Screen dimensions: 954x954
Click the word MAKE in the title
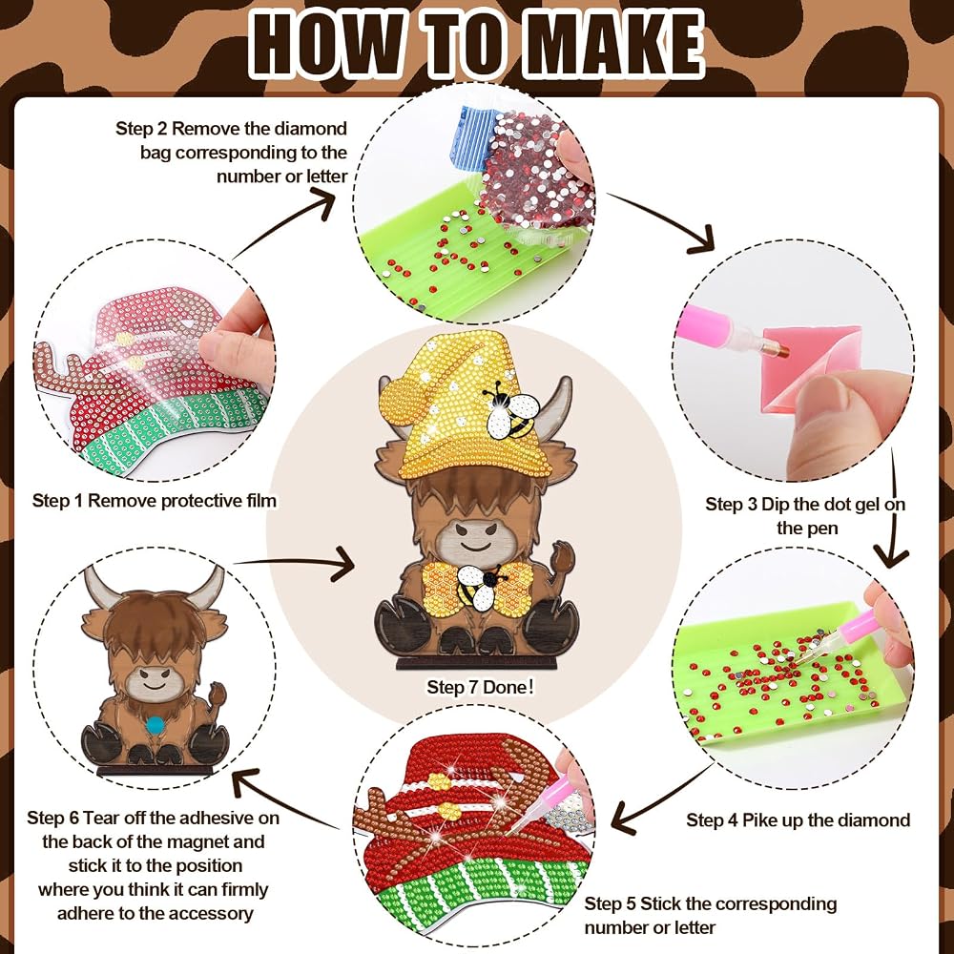[613, 44]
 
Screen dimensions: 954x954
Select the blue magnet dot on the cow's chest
[156, 725]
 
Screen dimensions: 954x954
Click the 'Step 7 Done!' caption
[480, 687]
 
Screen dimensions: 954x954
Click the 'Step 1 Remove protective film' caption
[155, 501]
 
